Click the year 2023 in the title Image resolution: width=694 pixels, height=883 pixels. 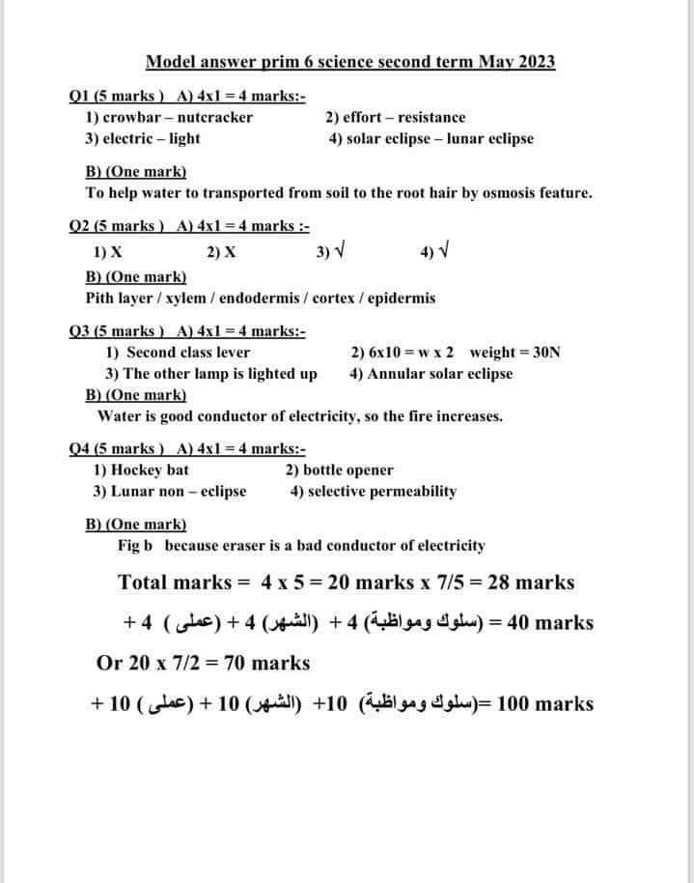[x=536, y=63]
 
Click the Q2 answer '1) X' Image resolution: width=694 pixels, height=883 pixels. [x=107, y=254]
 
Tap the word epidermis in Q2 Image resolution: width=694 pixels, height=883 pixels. [x=401, y=299]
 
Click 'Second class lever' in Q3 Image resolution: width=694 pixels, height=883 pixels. [x=188, y=353]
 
